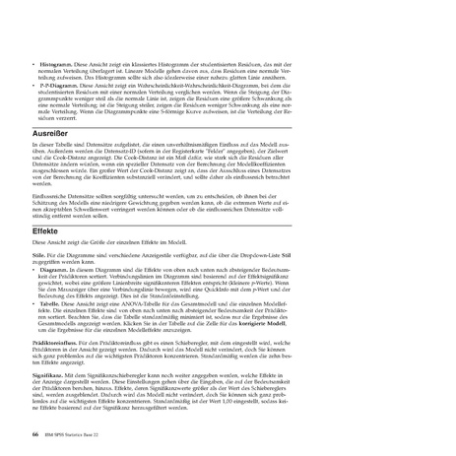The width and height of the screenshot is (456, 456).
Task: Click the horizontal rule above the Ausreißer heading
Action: tap(228, 120)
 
